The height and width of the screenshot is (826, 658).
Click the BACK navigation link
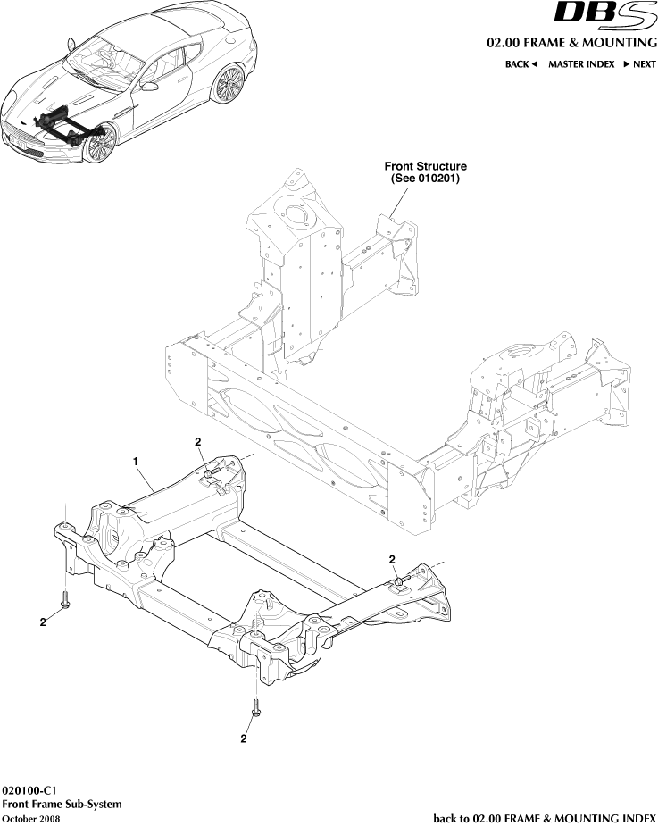(521, 64)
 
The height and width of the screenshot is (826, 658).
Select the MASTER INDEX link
(580, 64)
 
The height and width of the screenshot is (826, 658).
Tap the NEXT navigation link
(639, 64)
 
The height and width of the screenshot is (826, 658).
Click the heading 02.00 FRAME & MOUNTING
(571, 43)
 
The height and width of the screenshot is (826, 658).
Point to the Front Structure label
(425, 166)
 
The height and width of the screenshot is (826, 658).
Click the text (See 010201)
(425, 178)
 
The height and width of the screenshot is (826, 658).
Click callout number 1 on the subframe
(136, 461)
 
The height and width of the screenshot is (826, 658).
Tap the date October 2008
(31, 818)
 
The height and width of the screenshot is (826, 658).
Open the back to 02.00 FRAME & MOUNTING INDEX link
(545, 818)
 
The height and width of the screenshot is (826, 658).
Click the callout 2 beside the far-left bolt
(42, 622)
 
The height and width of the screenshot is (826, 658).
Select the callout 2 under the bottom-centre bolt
(244, 738)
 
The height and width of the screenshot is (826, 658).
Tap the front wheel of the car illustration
(100, 143)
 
